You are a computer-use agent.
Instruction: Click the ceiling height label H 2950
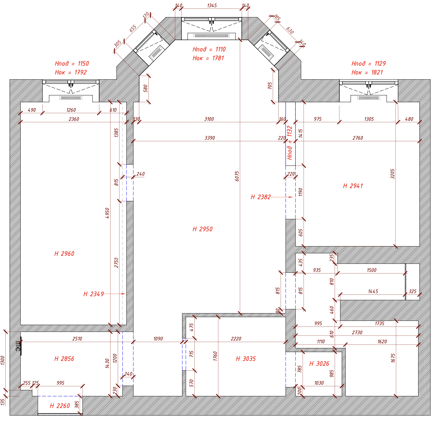(x=202, y=229)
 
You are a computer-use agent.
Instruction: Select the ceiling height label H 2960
(x=64, y=254)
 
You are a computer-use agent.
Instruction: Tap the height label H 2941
(x=353, y=186)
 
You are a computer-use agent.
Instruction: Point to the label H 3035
(x=246, y=359)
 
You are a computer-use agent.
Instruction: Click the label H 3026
(x=319, y=364)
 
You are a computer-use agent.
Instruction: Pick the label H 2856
(x=64, y=359)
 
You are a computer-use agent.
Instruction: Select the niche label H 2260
(x=60, y=406)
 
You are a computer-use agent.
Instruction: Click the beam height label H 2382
(x=261, y=197)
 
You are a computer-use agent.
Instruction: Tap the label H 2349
(x=93, y=294)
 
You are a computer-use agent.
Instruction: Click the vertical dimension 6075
(x=237, y=176)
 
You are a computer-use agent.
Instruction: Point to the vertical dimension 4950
(x=107, y=213)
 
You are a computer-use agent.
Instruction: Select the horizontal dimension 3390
(x=209, y=138)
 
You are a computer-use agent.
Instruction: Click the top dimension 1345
(x=212, y=5)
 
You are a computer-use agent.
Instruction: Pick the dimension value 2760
(x=358, y=138)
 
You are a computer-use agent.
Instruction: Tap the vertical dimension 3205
(x=393, y=174)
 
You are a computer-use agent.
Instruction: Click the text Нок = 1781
(x=208, y=58)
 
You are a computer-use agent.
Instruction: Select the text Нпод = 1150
(x=72, y=63)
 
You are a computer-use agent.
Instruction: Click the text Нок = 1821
(x=367, y=72)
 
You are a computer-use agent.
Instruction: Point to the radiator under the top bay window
(x=211, y=35)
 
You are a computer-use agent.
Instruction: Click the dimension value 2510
(x=77, y=339)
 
